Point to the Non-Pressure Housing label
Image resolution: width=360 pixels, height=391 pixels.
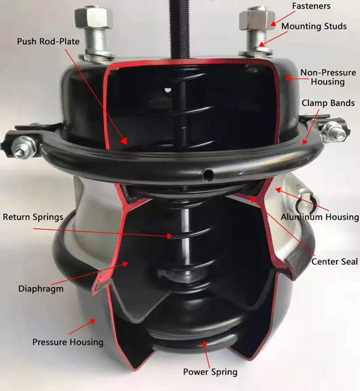point(327,77)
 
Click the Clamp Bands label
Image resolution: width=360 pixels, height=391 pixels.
point(327,103)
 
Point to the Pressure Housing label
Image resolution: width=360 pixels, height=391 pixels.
point(67,341)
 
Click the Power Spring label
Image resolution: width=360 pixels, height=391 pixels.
point(210,371)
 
